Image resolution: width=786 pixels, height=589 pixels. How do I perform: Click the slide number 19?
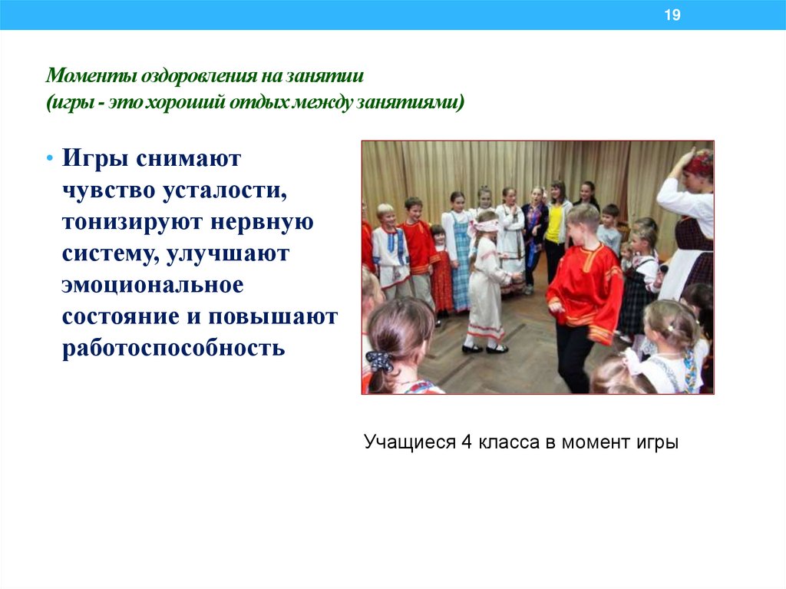pyautogui.click(x=672, y=15)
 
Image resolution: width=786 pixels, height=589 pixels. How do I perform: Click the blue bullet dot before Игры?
pyautogui.click(x=50, y=157)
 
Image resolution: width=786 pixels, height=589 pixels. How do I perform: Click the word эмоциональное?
pyautogui.click(x=153, y=285)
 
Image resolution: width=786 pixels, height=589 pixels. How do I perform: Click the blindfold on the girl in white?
pyautogui.click(x=487, y=226)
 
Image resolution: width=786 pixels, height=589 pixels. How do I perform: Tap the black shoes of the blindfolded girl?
pyautogui.click(x=484, y=349)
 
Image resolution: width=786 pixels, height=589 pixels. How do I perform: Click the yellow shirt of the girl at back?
pyautogui.click(x=554, y=222)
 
